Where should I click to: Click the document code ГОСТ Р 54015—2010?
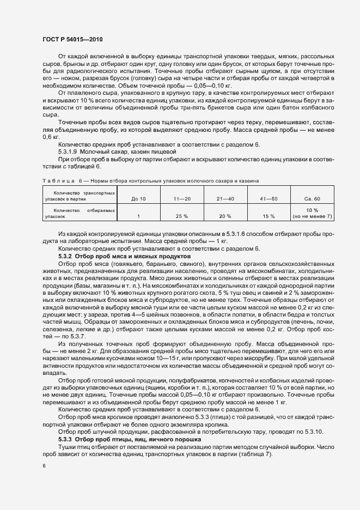click(x=72, y=40)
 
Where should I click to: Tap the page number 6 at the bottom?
click(x=44, y=466)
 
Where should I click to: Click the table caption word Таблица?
click(x=57, y=180)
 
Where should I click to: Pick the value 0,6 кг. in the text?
click(x=50, y=137)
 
